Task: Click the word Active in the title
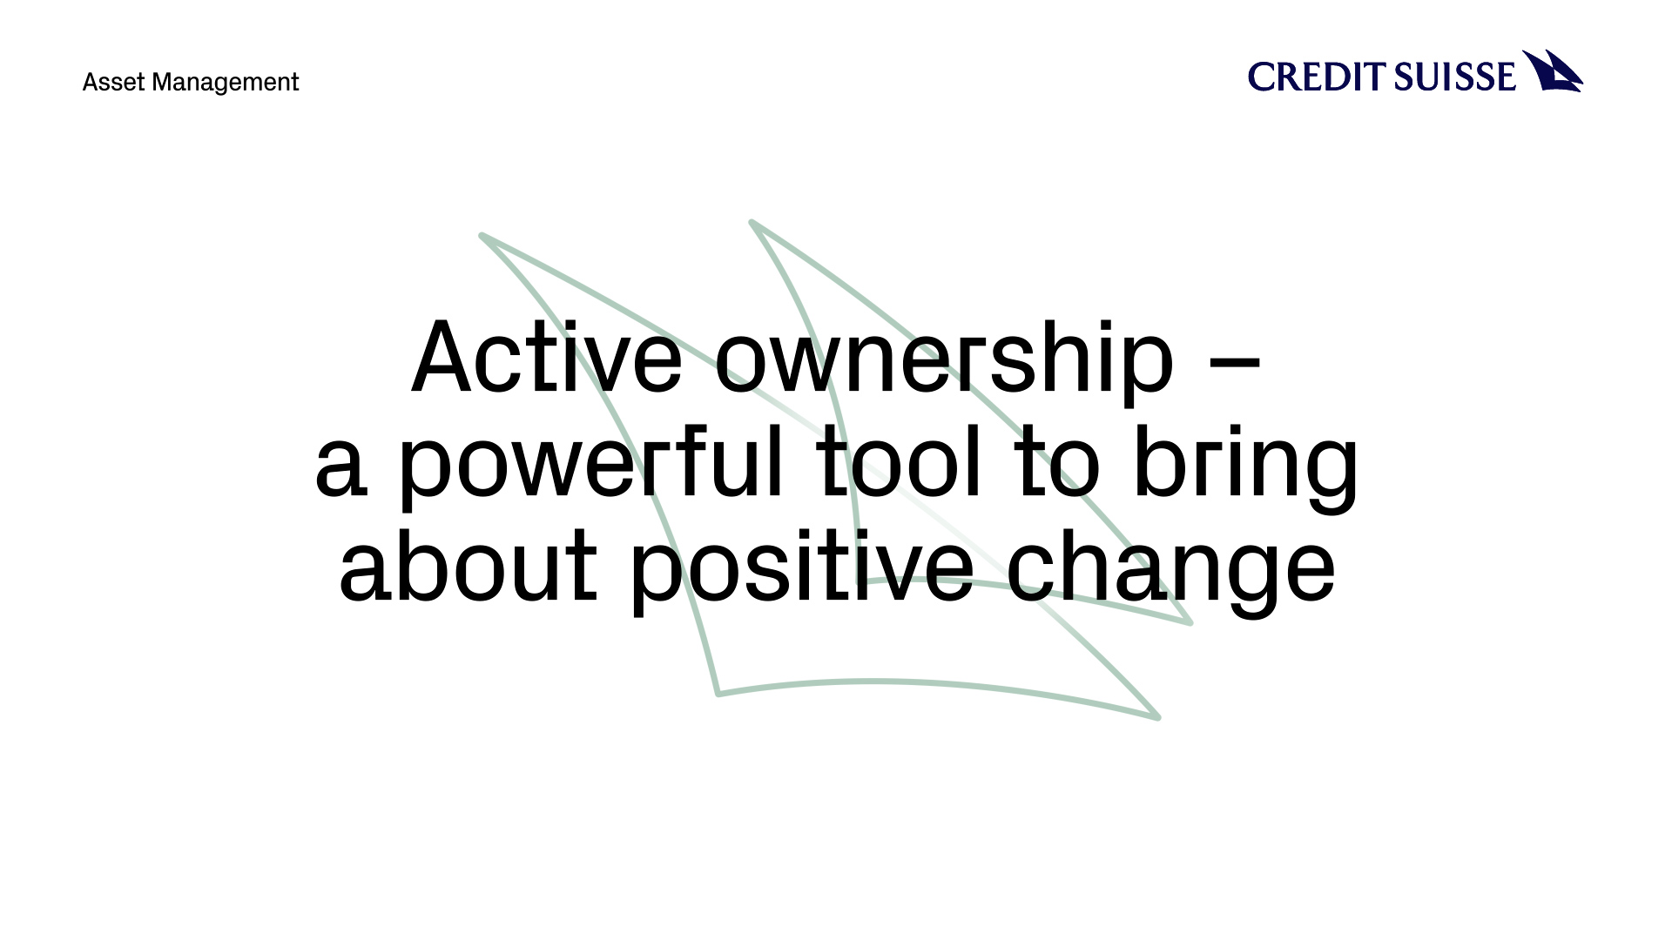[x=547, y=358]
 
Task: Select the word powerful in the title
[x=591, y=465]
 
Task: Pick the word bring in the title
[x=1246, y=467]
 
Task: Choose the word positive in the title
[x=802, y=570]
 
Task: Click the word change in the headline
[x=1170, y=571]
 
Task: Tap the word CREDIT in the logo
[x=1317, y=77]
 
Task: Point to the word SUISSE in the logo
[x=1455, y=77]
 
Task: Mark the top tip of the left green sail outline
[x=482, y=235]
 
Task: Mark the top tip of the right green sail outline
[x=752, y=222]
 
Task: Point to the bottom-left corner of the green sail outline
[x=718, y=694]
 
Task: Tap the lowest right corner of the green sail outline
[x=1158, y=718]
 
